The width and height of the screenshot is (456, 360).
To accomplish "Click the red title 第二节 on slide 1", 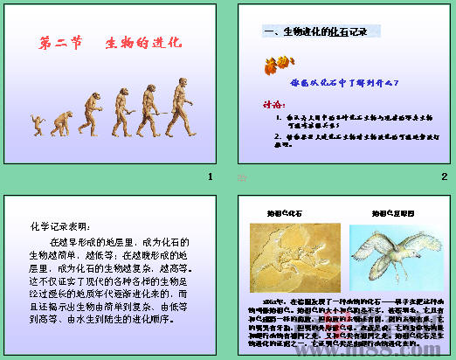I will click(63, 41).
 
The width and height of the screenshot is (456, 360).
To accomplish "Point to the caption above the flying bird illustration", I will click(385, 212).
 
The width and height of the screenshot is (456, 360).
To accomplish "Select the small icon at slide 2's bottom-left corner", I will click(242, 178).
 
